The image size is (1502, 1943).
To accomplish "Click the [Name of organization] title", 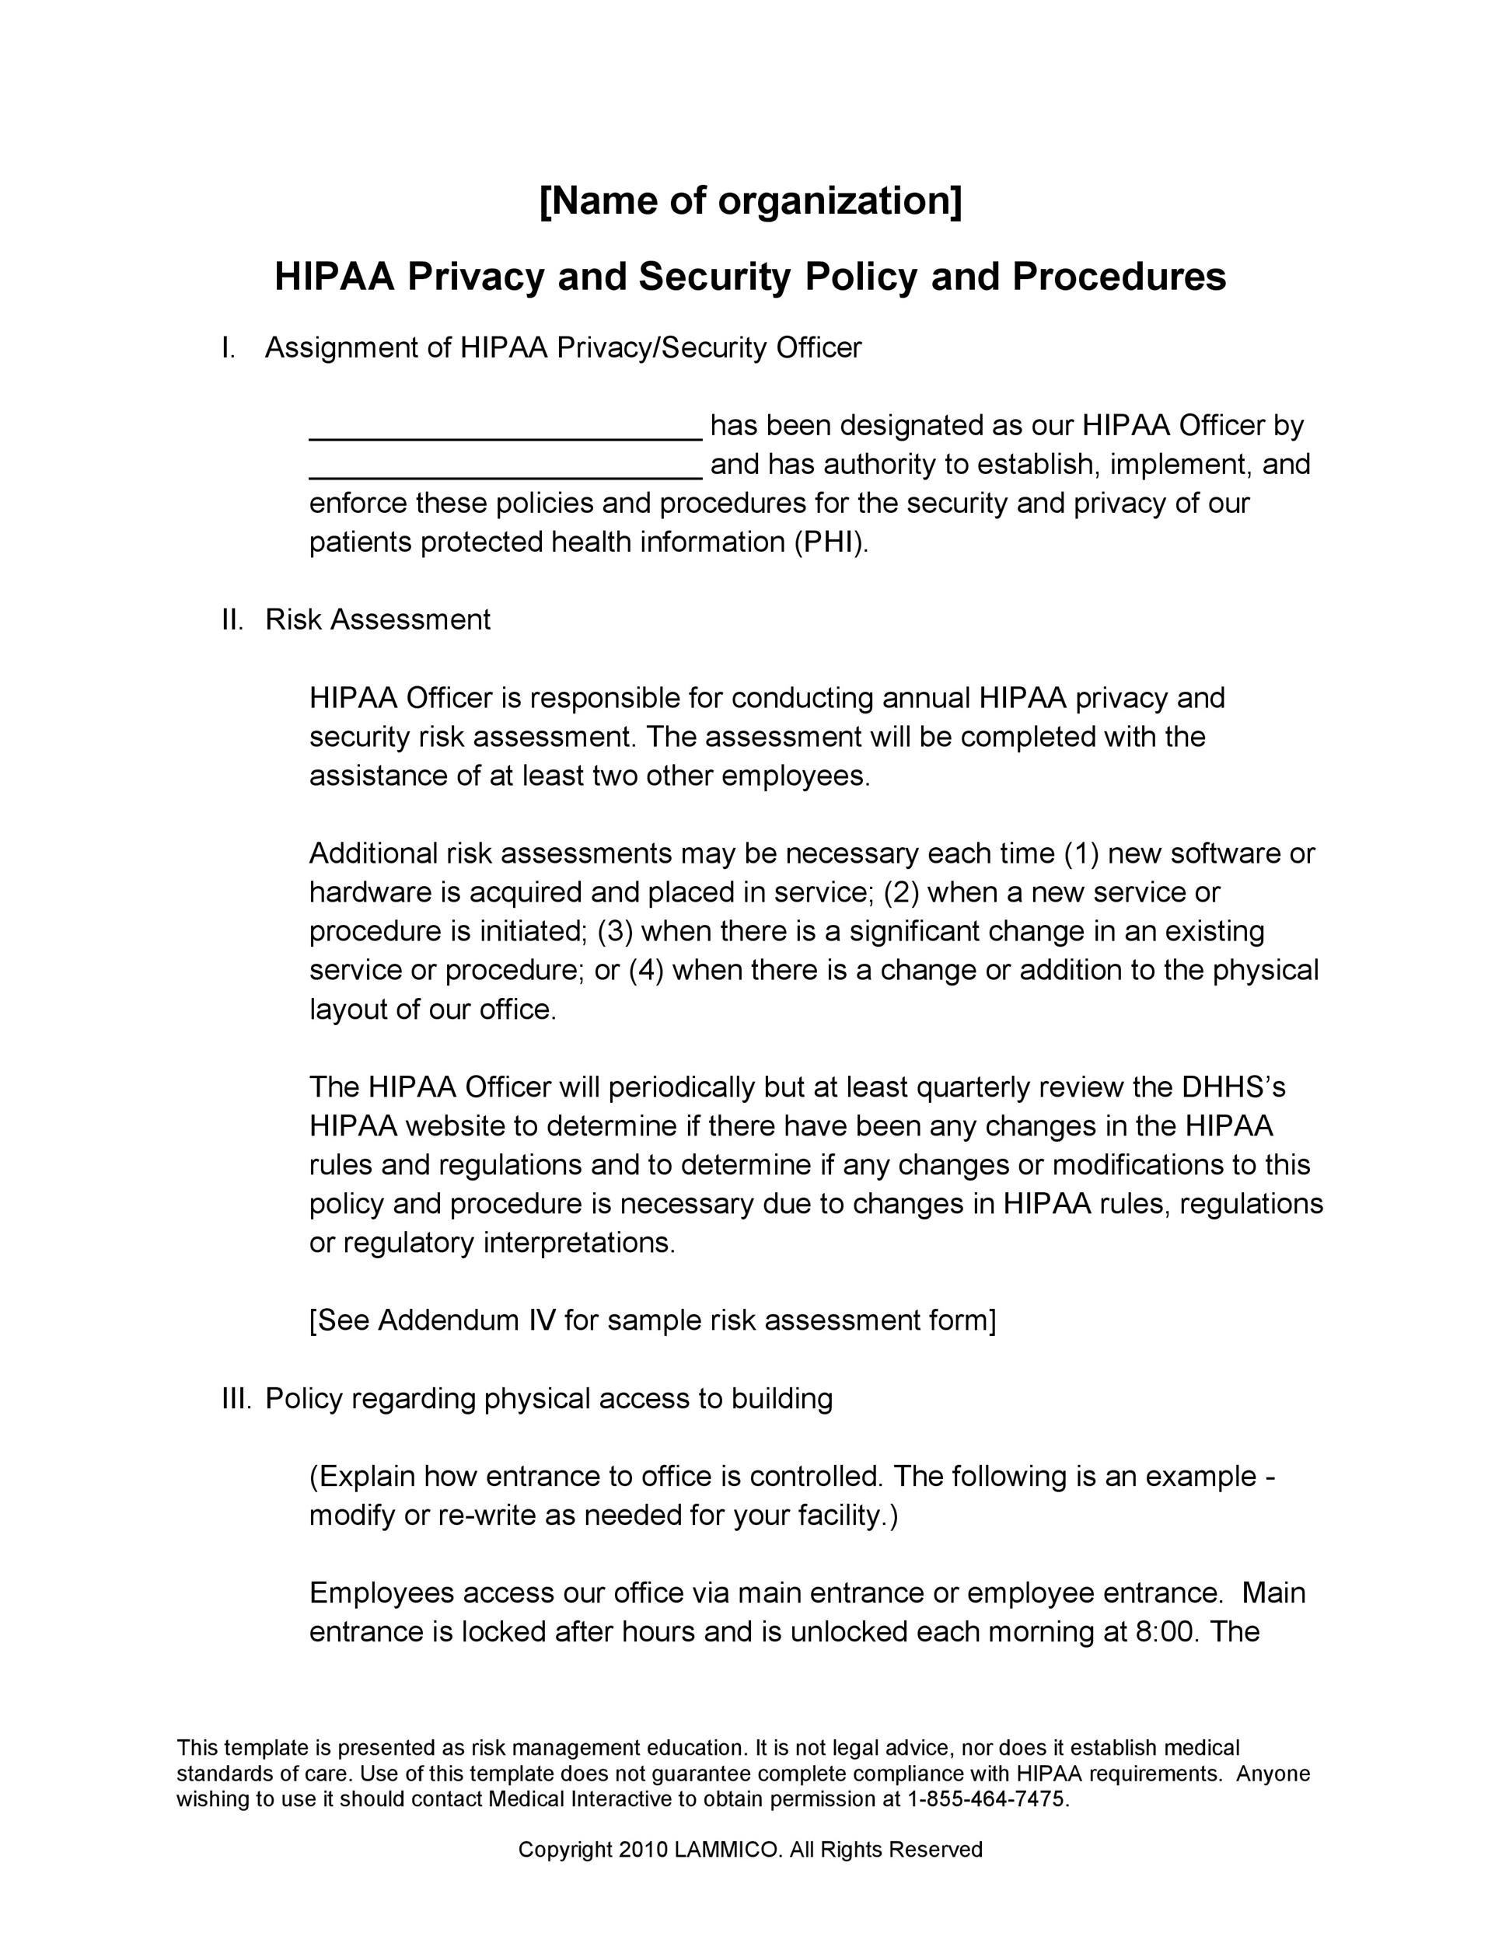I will (750, 201).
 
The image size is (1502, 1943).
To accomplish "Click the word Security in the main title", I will (714, 277).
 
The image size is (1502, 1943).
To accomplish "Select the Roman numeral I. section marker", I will (229, 348).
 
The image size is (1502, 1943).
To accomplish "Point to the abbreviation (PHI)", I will (830, 542).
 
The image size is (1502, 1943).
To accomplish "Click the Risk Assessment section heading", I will (377, 619).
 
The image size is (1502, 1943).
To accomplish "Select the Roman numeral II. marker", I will (232, 619).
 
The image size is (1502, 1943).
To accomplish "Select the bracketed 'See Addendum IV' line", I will (652, 1320).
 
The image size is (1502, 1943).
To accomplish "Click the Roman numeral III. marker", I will (236, 1398).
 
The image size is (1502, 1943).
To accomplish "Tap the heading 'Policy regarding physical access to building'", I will (548, 1398).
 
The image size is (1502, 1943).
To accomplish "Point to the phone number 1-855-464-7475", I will (985, 1799).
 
